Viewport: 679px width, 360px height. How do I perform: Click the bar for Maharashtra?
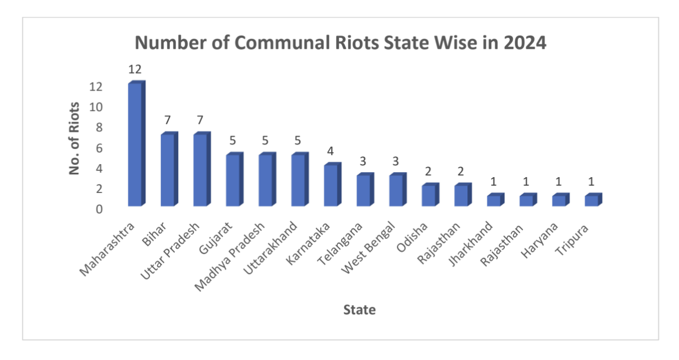click(x=136, y=144)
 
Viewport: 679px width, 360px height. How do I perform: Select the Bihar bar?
click(x=168, y=170)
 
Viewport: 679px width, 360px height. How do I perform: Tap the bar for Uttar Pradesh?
click(x=201, y=170)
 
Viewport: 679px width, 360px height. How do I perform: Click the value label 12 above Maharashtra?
click(x=135, y=70)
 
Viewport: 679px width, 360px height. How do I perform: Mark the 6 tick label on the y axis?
click(x=98, y=148)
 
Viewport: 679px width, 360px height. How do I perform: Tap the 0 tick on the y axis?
click(x=98, y=209)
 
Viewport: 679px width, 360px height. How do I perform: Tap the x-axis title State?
click(x=359, y=309)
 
